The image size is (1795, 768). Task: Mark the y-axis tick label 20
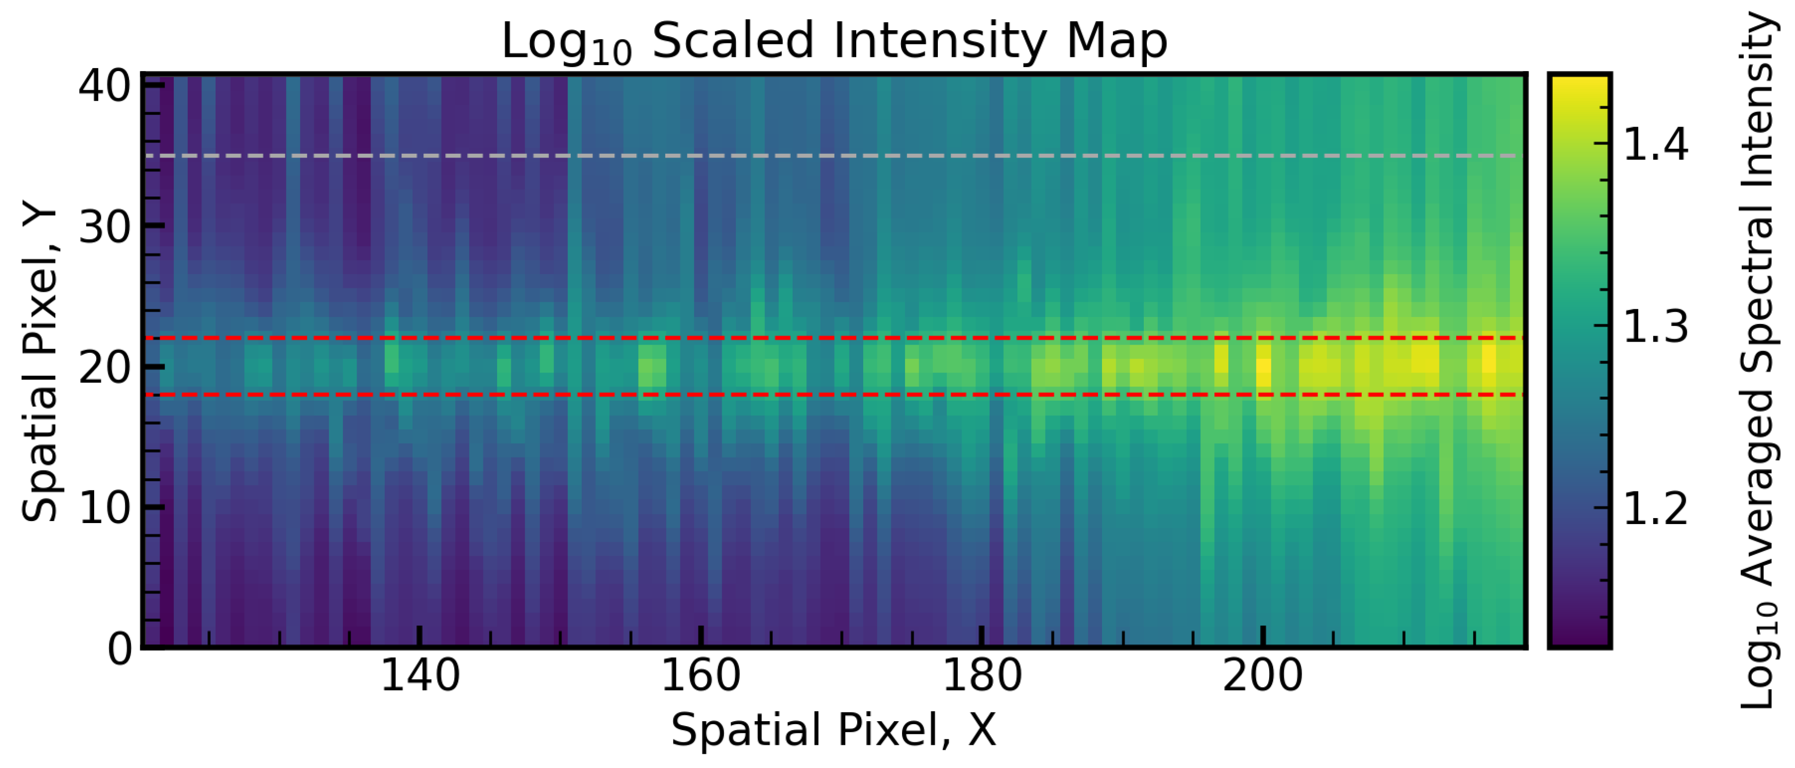click(x=105, y=367)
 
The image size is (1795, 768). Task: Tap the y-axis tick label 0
click(x=119, y=648)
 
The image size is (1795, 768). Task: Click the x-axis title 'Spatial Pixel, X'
click(x=834, y=730)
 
